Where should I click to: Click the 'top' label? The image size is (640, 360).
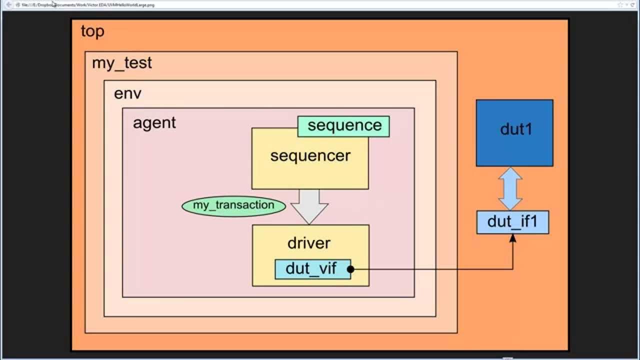click(x=92, y=31)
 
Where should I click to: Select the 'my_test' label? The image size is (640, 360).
click(x=121, y=63)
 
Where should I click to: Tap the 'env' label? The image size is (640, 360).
click(x=127, y=93)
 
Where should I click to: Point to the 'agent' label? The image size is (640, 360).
click(x=154, y=122)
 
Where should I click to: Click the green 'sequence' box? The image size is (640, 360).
click(x=344, y=125)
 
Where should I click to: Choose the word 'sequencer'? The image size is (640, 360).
click(x=310, y=156)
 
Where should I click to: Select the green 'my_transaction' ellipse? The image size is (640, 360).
click(x=233, y=205)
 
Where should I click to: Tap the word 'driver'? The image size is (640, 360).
click(x=308, y=243)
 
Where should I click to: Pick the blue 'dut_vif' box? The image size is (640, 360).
click(x=311, y=269)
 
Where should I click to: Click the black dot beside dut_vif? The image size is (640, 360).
click(x=350, y=269)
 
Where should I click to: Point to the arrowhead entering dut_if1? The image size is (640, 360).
click(x=512, y=238)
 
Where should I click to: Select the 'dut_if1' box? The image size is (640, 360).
click(x=512, y=222)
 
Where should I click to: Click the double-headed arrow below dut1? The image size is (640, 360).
click(x=510, y=188)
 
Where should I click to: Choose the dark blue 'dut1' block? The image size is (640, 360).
click(x=514, y=132)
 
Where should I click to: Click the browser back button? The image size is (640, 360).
click(x=8, y=4)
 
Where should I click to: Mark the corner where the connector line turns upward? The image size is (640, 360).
click(x=512, y=269)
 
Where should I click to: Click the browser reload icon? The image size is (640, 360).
click(x=632, y=4)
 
